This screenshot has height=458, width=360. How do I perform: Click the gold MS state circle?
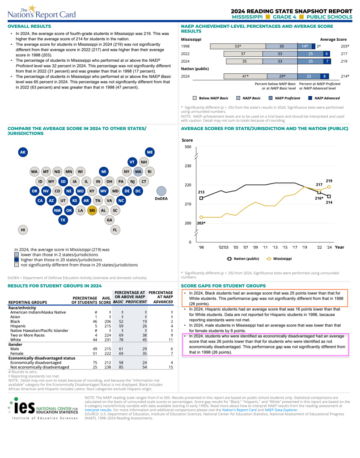click(x=92, y=211)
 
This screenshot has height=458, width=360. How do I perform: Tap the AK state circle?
click(x=23, y=152)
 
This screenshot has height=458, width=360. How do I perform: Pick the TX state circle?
click(x=63, y=220)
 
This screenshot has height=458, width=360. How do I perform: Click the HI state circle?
click(x=23, y=230)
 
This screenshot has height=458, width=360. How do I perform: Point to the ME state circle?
click(x=150, y=152)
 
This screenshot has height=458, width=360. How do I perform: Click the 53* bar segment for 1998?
click(x=237, y=46)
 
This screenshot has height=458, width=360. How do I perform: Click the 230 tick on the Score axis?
click(x=187, y=166)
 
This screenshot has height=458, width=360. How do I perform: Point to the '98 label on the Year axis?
click(x=201, y=247)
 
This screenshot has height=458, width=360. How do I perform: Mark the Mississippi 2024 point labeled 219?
click(x=329, y=187)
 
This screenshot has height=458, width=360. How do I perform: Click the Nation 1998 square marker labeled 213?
click(x=201, y=198)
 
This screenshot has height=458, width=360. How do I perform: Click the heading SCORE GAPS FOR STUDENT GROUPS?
click(x=223, y=286)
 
